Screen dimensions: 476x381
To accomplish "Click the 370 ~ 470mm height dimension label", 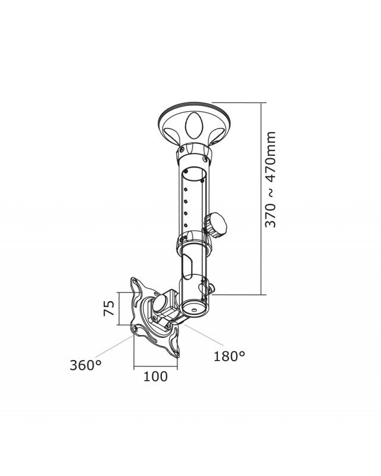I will point(271,178).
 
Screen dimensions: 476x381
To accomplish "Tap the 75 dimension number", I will point(109,308).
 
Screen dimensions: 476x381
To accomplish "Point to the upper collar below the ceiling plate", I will point(193,156).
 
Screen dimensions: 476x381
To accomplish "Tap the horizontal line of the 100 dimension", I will point(156,365).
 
